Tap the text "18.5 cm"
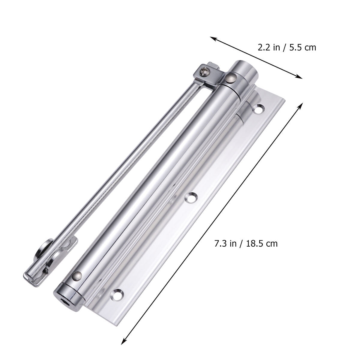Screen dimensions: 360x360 262,235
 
